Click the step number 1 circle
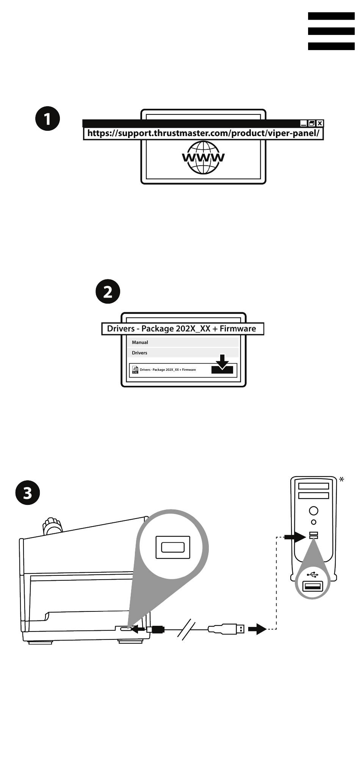[47, 119]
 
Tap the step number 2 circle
[108, 292]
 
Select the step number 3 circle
[28, 493]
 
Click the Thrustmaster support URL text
[203, 133]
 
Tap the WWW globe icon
[203, 157]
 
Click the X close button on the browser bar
[320, 123]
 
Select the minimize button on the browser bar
[304, 123]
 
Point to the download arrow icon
[222, 365]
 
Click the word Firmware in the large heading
[238, 329]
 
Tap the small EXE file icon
[135, 370]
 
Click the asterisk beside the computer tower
[341, 480]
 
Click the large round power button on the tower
[313, 511]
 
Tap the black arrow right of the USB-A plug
[257, 629]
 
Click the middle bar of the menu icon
[331, 31]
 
